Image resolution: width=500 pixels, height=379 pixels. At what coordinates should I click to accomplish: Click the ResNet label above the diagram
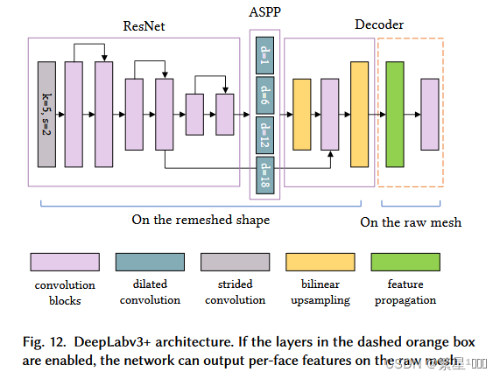point(144,25)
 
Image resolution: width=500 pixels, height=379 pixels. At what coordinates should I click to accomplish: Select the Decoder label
point(378,25)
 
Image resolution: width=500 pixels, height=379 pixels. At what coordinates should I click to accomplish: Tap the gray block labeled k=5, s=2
point(47,114)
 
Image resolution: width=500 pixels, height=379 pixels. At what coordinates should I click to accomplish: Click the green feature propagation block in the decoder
point(394,114)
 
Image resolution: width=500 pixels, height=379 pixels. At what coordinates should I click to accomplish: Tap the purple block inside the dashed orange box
point(428,114)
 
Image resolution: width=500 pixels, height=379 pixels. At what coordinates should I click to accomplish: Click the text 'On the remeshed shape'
point(201,220)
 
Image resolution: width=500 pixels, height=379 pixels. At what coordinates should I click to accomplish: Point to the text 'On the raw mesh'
point(410,222)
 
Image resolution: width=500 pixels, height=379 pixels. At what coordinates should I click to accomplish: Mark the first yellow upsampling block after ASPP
point(300,114)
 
